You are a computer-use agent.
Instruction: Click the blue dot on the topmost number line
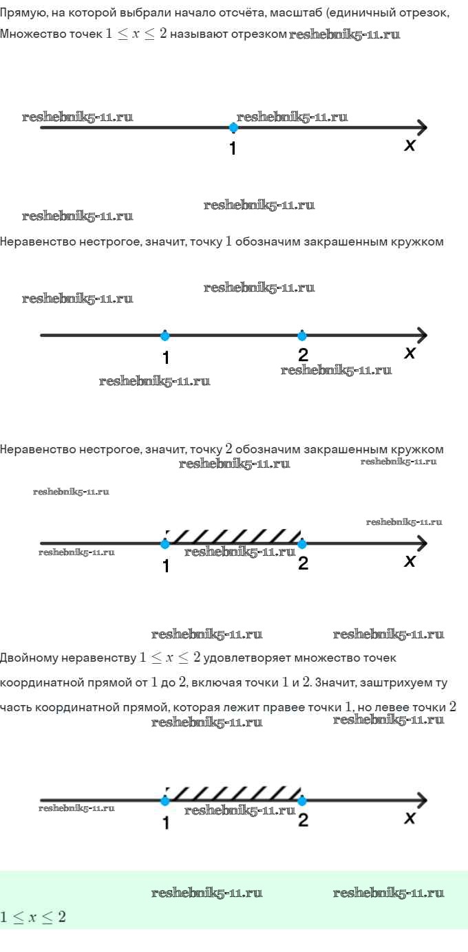coord(233,127)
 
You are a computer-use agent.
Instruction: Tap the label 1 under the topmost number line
coord(233,148)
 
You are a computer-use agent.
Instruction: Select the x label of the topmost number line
coord(409,145)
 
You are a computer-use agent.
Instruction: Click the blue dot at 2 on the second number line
coord(302,336)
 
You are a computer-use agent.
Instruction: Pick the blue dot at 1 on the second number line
coord(164,336)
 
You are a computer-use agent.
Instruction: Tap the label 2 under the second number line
coord(303,355)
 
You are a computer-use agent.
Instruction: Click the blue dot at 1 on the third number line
coord(164,544)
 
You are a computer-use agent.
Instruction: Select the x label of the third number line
coord(409,561)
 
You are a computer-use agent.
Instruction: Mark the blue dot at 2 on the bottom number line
coord(302,801)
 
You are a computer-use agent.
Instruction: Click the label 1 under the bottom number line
coord(166,822)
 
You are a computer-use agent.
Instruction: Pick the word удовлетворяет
coord(247,658)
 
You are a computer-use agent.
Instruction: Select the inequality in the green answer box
coord(33,917)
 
